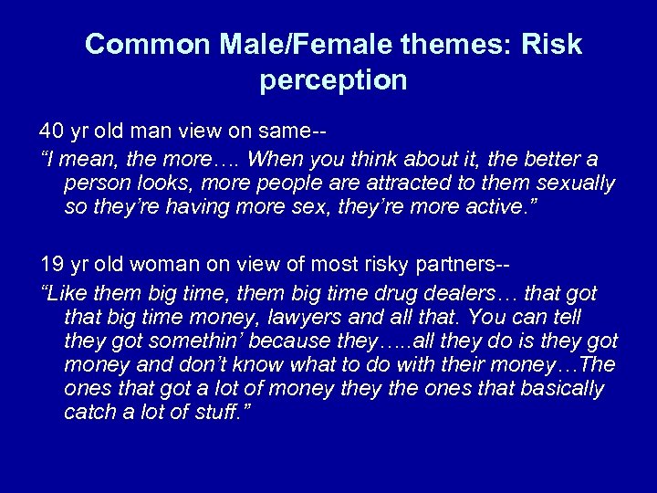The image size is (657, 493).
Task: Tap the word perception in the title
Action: pyautogui.click(x=333, y=81)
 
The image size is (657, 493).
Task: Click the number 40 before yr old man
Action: pyautogui.click(x=52, y=126)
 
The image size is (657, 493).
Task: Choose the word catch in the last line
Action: pyautogui.click(x=90, y=413)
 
